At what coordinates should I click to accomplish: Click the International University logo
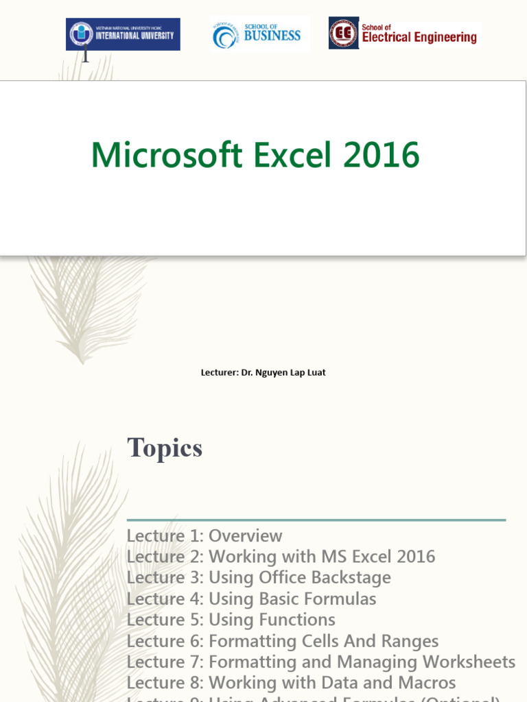123,34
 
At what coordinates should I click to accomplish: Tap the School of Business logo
259,34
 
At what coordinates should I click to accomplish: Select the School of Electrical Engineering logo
404,34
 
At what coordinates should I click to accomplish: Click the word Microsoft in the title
167,155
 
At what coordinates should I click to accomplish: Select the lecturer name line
263,373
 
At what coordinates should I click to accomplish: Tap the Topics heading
165,448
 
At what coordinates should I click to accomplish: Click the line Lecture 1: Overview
204,535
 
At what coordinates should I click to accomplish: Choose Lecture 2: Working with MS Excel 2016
281,557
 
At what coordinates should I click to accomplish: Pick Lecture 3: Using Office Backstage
259,578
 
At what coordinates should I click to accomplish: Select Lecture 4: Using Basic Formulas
251,599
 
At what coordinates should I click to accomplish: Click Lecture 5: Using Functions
231,620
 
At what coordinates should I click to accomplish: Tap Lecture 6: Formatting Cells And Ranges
283,642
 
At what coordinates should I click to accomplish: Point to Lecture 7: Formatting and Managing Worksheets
321,662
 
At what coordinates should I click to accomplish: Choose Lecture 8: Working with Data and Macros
291,683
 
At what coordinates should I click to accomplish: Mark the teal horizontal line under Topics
316,520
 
